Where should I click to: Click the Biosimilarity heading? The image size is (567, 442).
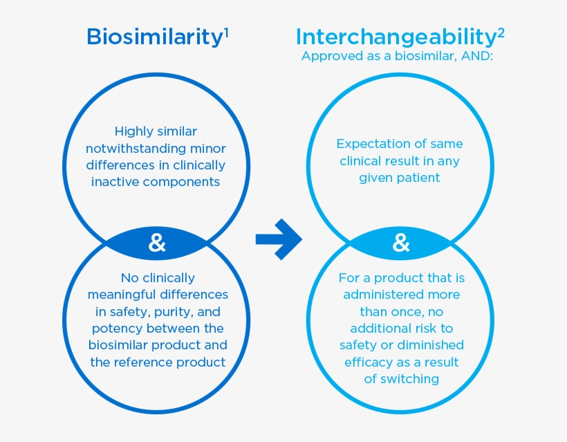(x=154, y=37)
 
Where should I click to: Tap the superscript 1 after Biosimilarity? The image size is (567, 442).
(x=227, y=31)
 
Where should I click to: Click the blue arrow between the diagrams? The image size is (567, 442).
(x=278, y=239)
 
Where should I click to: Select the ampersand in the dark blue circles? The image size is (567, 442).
(x=158, y=243)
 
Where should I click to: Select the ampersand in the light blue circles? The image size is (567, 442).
(x=401, y=243)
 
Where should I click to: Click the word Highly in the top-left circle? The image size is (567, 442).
(x=133, y=131)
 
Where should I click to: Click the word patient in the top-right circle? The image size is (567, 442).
(x=418, y=178)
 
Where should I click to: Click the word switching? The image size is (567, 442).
(x=411, y=378)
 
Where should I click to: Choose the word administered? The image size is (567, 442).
(x=382, y=295)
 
